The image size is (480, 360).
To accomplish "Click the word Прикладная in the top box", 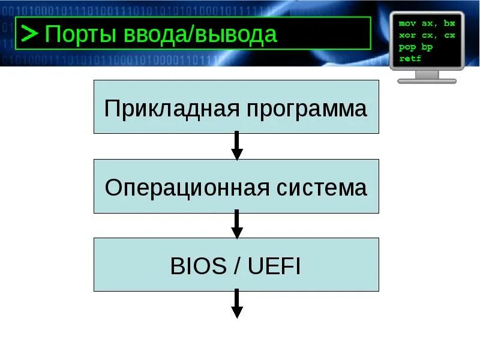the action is [165, 109].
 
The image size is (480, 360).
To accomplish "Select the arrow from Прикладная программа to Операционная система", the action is [237, 146].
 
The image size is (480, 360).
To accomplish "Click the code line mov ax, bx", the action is [427, 23].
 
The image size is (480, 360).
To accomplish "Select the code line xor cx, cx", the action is [427, 35].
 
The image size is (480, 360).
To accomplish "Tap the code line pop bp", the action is [415, 47].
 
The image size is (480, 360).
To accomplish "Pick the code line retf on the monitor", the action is [410, 58].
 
